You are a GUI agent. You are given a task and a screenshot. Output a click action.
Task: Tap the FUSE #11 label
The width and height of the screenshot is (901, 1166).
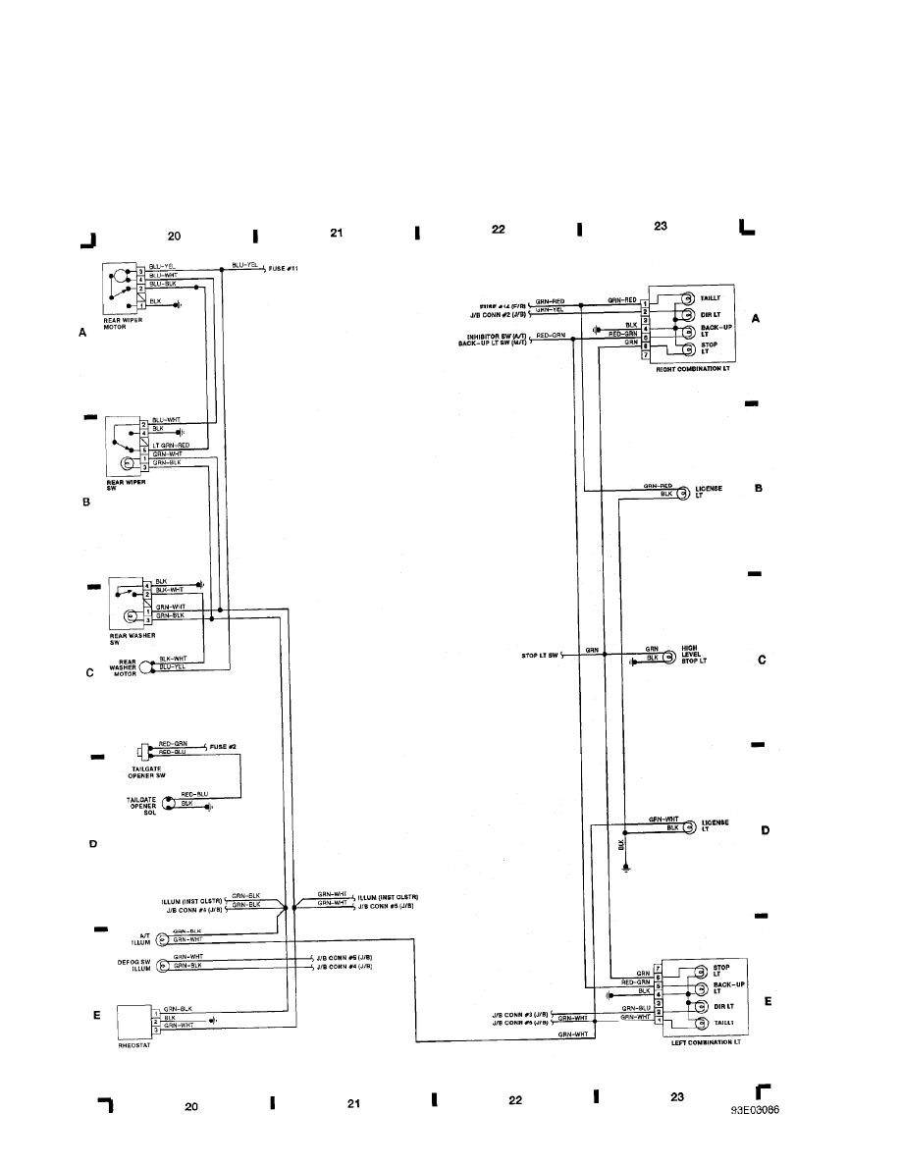(284, 269)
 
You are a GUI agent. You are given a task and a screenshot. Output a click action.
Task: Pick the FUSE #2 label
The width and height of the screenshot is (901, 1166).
(224, 747)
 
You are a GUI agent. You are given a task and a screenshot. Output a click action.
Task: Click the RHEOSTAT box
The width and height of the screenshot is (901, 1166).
(132, 1023)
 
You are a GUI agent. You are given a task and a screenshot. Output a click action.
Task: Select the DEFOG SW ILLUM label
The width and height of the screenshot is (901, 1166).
(141, 964)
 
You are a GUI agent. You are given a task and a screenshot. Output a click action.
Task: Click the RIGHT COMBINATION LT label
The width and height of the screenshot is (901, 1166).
(689, 369)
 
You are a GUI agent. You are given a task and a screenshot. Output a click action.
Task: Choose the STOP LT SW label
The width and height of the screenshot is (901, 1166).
(540, 654)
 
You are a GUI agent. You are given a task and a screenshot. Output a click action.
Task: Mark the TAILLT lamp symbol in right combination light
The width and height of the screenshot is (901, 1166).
(689, 298)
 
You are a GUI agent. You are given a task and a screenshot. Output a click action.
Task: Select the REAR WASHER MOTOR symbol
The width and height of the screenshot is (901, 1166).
(147, 667)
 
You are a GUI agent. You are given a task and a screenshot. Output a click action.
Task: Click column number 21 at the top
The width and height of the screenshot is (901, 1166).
(336, 234)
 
